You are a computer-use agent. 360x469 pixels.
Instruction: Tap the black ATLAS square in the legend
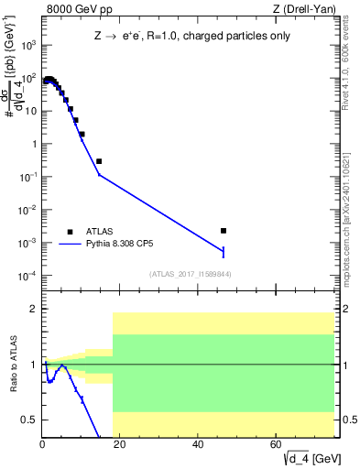click(69, 232)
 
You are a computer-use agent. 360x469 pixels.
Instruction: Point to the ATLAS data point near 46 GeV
click(224, 231)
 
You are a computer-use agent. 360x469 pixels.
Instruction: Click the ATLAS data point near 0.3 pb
click(99, 161)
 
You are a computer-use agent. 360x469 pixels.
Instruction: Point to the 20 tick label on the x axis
click(120, 444)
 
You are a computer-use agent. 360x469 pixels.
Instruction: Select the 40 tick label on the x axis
click(199, 444)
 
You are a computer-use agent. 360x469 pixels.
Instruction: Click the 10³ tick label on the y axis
click(29, 44)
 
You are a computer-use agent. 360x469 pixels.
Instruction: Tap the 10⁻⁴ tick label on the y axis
click(28, 276)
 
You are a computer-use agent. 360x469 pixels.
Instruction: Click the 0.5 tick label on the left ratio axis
click(29, 420)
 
